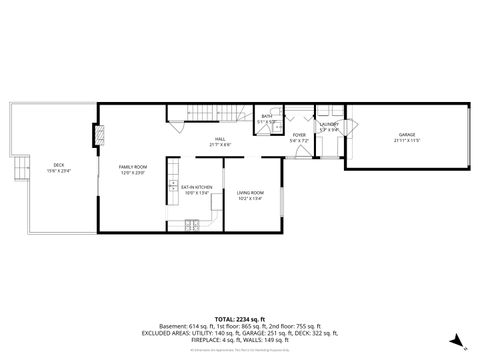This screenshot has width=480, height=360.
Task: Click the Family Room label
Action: [x=133, y=166]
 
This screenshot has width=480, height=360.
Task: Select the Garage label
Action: [x=407, y=133]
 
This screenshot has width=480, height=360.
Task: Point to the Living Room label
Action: [x=250, y=192]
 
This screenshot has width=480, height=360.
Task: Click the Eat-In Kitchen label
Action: [x=195, y=187]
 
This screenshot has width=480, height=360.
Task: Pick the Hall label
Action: [x=220, y=139]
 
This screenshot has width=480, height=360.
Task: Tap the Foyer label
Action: [x=298, y=134]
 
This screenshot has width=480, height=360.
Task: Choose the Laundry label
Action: [x=330, y=125]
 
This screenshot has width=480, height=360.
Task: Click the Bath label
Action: [x=267, y=117]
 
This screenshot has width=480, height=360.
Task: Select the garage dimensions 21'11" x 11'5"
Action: [x=407, y=140]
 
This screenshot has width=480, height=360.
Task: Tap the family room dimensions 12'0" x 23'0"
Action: [x=133, y=173]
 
